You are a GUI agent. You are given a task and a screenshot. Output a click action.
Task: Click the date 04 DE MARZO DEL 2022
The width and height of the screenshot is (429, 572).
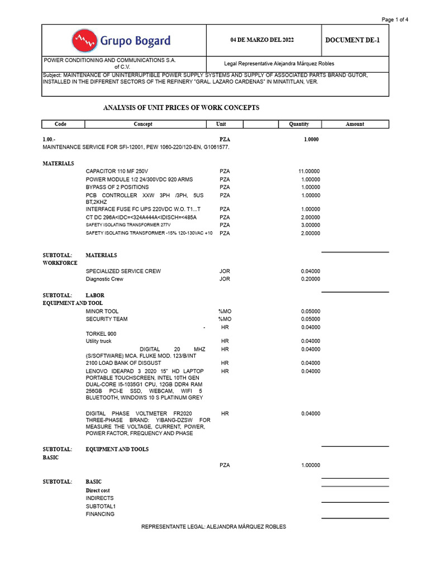tap(262, 40)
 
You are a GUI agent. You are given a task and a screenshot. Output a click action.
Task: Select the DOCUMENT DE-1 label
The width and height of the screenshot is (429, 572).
tap(353, 40)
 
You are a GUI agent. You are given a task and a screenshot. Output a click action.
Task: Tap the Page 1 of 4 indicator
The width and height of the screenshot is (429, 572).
tap(394, 20)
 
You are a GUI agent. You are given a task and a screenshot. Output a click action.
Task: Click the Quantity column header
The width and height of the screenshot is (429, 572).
tap(299, 124)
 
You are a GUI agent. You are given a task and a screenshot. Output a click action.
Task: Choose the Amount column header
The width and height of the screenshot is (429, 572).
tap(355, 124)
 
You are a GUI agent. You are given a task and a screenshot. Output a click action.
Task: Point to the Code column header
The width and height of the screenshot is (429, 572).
tap(61, 124)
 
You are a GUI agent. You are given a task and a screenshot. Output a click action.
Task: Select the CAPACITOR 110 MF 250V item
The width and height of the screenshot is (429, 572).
tap(117, 171)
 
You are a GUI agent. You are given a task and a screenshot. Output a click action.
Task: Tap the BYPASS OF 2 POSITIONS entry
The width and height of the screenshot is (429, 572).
tap(117, 187)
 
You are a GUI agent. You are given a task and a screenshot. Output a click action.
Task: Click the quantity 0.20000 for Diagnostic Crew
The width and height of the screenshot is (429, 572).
tap(311, 279)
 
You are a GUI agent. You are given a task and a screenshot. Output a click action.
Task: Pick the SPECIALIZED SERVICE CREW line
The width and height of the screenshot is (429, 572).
tap(123, 271)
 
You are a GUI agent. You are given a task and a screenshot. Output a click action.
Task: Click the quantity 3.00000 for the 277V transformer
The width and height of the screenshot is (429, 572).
tap(311, 225)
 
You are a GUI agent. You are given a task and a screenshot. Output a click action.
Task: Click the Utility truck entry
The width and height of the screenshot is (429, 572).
tap(98, 341)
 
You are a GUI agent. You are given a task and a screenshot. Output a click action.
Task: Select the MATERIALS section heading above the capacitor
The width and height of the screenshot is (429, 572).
tap(59, 164)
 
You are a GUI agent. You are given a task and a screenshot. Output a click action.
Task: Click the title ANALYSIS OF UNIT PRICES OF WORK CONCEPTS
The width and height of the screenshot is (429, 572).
tap(182, 108)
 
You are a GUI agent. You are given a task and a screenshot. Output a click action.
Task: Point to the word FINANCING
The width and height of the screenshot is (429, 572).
tap(100, 514)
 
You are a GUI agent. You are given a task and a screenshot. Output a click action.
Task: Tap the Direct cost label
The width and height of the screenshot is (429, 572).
tap(98, 490)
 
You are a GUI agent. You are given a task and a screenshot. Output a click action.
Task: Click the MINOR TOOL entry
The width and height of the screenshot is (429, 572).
tap(102, 311)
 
